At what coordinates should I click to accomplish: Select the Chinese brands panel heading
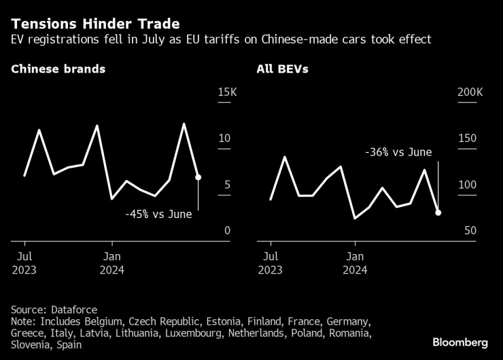pyautogui.click(x=58, y=69)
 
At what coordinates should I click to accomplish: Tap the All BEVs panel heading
pyautogui.click(x=281, y=69)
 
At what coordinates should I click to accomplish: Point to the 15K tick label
pyautogui.click(x=224, y=92)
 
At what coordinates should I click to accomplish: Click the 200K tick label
pyautogui.click(x=470, y=92)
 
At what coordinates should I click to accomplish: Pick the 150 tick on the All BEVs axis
pyautogui.click(x=468, y=139)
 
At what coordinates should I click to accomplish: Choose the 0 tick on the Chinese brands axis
pyautogui.click(x=227, y=231)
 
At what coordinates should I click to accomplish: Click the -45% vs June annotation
pyautogui.click(x=158, y=214)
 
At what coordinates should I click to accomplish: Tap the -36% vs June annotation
pyautogui.click(x=398, y=152)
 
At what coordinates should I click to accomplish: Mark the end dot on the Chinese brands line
pyautogui.click(x=198, y=177)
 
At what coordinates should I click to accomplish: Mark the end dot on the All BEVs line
pyautogui.click(x=438, y=213)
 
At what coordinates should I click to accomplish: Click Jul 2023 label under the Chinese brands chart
pyautogui.click(x=24, y=263)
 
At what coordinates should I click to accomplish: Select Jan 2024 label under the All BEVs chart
pyautogui.click(x=354, y=263)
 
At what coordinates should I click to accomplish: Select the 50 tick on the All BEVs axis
pyautogui.click(x=471, y=231)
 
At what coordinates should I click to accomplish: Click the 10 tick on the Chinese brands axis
pyautogui.click(x=224, y=139)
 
